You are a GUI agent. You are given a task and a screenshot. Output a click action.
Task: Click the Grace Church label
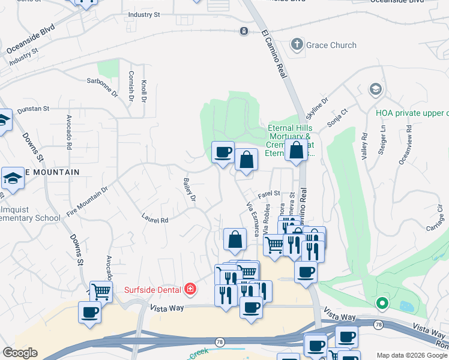click(x=331, y=45)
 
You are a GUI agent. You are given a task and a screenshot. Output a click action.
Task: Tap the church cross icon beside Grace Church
click(x=297, y=44)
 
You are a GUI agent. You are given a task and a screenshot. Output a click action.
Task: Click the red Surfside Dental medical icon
click(x=190, y=290)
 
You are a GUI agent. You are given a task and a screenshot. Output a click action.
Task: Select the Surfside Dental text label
click(x=152, y=290)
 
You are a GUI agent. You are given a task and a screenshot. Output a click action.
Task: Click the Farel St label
click(x=270, y=194)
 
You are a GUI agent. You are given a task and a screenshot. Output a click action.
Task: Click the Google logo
click(x=20, y=353)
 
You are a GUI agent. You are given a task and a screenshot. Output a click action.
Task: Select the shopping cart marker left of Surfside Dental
click(x=101, y=292)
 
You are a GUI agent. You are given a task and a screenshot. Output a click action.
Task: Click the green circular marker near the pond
click(x=382, y=304)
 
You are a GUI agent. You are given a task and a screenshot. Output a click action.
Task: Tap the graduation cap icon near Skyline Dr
click(x=376, y=90)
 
